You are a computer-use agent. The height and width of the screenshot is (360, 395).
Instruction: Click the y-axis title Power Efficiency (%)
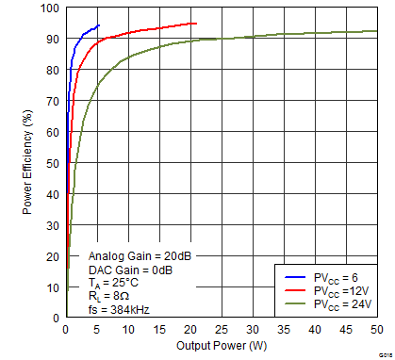(x=28, y=162)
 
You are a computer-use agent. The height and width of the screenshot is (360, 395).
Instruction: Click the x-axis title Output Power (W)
(x=222, y=347)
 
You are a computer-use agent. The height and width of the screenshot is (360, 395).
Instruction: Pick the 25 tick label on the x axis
(x=222, y=330)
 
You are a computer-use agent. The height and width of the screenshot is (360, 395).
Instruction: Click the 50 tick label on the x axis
(x=376, y=330)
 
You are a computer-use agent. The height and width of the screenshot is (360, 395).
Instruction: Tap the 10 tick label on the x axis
(x=128, y=330)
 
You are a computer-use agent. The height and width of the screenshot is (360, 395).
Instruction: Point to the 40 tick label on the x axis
(x=315, y=330)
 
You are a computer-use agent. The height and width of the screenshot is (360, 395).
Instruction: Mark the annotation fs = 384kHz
(x=119, y=308)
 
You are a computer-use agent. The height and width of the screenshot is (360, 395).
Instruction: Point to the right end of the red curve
(x=196, y=23)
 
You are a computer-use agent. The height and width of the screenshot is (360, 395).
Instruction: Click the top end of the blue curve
(x=99, y=25)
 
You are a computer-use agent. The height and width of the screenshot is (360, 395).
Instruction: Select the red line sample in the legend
(x=291, y=290)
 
